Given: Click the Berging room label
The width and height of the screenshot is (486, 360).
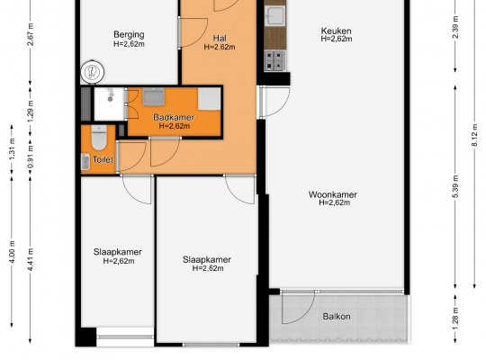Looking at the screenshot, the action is (x=129, y=34).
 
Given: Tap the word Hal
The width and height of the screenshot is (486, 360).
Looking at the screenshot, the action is (x=220, y=38).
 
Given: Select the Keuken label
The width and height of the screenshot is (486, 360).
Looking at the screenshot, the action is (x=337, y=31).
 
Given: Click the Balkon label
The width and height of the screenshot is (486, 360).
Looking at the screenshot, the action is (x=337, y=317).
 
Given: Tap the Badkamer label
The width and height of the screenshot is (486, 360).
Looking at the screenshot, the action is (x=174, y=117).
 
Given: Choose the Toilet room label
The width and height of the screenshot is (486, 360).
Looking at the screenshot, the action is (x=103, y=159).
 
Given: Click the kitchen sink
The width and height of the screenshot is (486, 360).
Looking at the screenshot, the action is (x=274, y=15).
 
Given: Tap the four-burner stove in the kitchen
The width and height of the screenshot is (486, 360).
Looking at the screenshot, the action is (x=274, y=61).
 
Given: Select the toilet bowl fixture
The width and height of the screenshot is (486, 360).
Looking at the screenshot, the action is (x=99, y=138).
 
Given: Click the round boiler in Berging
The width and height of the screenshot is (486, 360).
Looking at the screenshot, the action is (x=92, y=72).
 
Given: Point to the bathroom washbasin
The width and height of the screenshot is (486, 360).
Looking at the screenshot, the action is (x=153, y=96).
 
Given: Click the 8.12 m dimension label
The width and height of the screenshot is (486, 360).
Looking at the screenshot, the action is (x=474, y=136).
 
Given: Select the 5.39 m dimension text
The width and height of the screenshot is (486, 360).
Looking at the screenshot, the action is (x=455, y=186).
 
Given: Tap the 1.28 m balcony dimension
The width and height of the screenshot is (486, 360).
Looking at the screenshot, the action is (x=455, y=319).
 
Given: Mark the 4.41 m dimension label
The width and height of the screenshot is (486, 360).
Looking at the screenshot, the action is (x=30, y=259).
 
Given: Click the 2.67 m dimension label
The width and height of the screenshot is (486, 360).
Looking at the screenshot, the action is (x=30, y=34).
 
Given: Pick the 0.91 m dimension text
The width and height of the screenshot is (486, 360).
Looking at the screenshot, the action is (x=30, y=157).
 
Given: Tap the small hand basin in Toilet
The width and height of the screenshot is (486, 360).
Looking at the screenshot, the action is (x=85, y=162).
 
